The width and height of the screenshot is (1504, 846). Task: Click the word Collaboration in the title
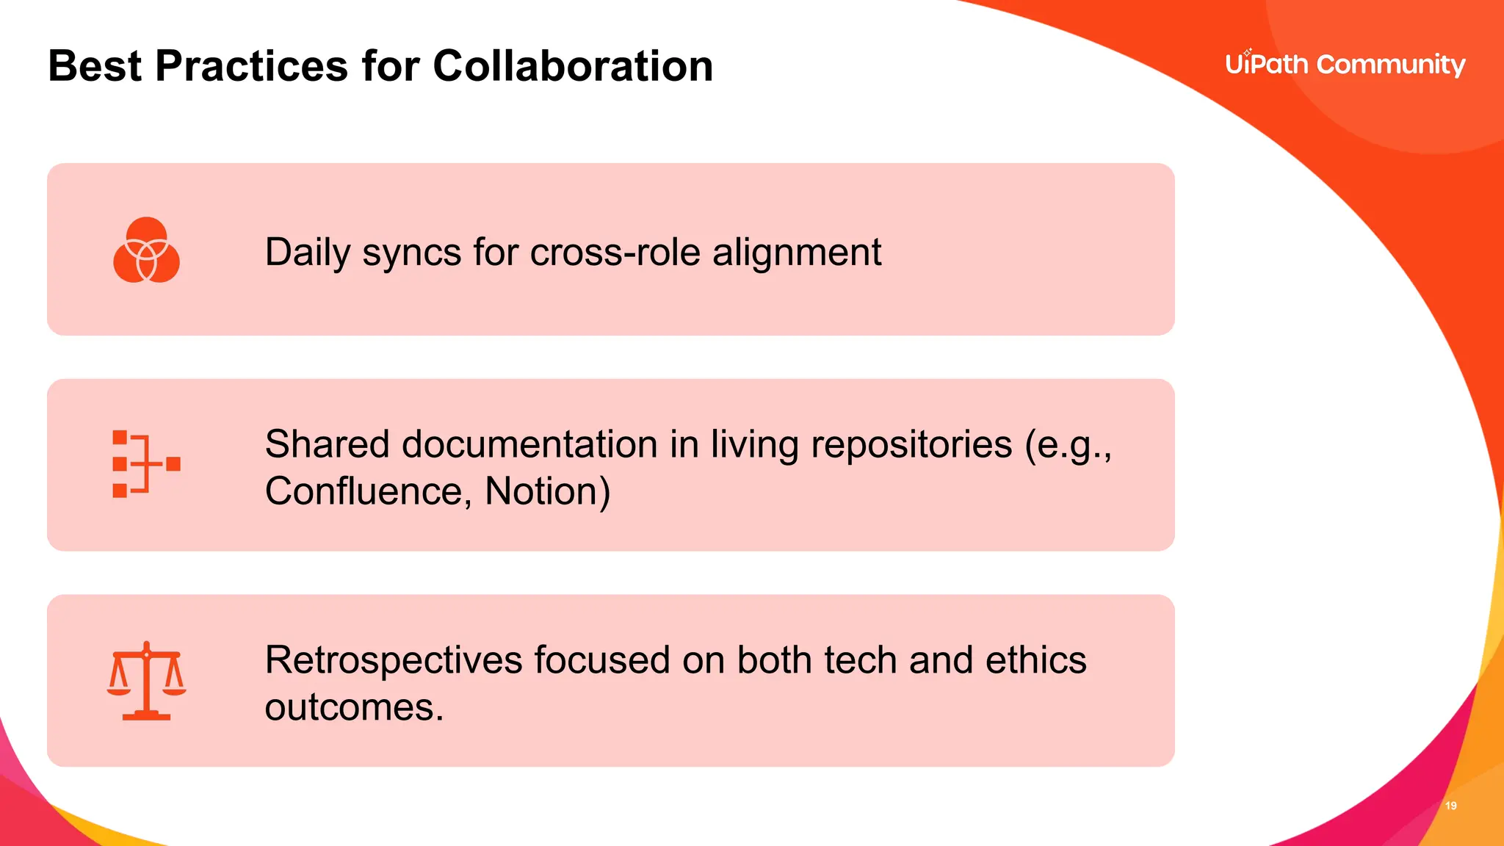[x=573, y=66]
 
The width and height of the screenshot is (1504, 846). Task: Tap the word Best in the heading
[x=95, y=66]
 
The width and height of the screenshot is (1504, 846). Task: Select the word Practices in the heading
[x=251, y=66]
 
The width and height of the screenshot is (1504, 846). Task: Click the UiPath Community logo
[x=1345, y=65]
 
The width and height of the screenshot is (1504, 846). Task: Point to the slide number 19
[x=1451, y=806]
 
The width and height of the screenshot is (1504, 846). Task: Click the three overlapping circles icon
[x=146, y=250]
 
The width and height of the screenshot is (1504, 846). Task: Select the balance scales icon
[x=146, y=681]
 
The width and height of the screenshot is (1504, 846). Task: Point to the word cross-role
[x=615, y=253]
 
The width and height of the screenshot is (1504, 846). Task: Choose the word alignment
[x=797, y=253]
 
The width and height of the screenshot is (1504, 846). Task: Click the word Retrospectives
[x=394, y=659]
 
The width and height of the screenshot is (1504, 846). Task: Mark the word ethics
[x=1035, y=659]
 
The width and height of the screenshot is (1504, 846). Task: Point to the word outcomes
[x=354, y=707]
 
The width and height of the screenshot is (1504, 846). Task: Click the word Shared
[x=327, y=444]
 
